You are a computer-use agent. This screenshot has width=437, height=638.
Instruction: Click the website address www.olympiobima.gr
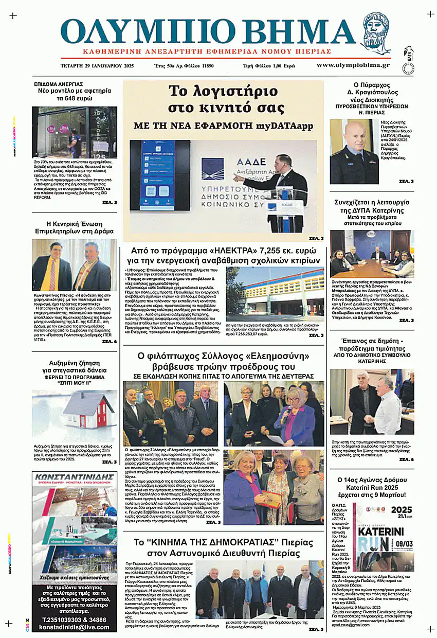pos(353,65)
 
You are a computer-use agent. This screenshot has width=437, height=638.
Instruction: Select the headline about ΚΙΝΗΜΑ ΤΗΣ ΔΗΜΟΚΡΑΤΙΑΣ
pos(224,547)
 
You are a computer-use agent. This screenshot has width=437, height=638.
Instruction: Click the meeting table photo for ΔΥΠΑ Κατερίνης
pos(372,254)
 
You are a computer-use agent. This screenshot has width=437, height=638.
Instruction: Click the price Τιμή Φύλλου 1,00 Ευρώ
pos(269,66)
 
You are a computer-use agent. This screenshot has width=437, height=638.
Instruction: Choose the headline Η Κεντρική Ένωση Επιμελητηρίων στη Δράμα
pos(75,227)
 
